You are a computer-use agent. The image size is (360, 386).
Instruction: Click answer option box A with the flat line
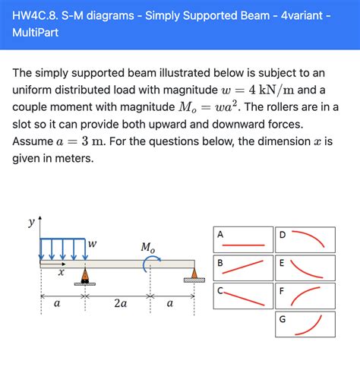tap(243, 239)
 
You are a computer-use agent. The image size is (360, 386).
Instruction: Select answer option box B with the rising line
tap(243, 267)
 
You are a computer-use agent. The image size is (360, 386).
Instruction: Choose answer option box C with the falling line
tap(243, 296)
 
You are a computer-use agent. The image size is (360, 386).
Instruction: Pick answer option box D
tap(305, 239)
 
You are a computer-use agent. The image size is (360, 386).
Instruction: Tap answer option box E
tap(305, 267)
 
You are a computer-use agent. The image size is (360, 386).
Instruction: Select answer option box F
tap(305, 296)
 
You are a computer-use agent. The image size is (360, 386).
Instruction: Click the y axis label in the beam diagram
tap(31, 223)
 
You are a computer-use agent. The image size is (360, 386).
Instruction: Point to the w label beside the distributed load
tap(92, 244)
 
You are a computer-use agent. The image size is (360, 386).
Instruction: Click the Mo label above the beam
tap(147, 247)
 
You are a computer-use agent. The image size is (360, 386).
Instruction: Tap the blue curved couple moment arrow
tap(150, 263)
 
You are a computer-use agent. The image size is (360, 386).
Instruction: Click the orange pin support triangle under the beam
tap(85, 275)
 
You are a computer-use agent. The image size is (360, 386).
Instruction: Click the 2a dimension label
tap(120, 303)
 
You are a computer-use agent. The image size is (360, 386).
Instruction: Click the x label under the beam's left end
tap(61, 271)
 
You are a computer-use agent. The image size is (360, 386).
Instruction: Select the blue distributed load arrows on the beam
tap(63, 249)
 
